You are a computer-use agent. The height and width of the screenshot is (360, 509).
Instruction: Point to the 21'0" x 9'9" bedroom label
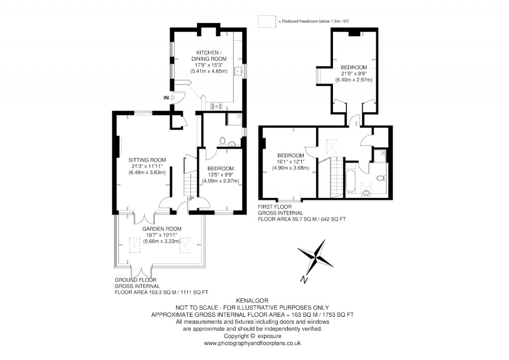(353, 74)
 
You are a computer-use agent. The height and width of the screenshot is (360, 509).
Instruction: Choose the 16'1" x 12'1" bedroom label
(291, 162)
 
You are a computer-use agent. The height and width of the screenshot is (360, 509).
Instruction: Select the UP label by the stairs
(190, 199)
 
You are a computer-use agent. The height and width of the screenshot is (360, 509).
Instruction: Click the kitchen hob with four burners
(217, 105)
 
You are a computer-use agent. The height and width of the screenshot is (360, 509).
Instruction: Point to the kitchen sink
(239, 71)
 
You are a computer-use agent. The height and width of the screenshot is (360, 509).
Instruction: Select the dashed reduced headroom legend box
(267, 21)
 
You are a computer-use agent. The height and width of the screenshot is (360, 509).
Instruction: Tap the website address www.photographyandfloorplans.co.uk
(254, 343)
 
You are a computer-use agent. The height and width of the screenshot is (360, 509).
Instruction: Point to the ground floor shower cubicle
(233, 120)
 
